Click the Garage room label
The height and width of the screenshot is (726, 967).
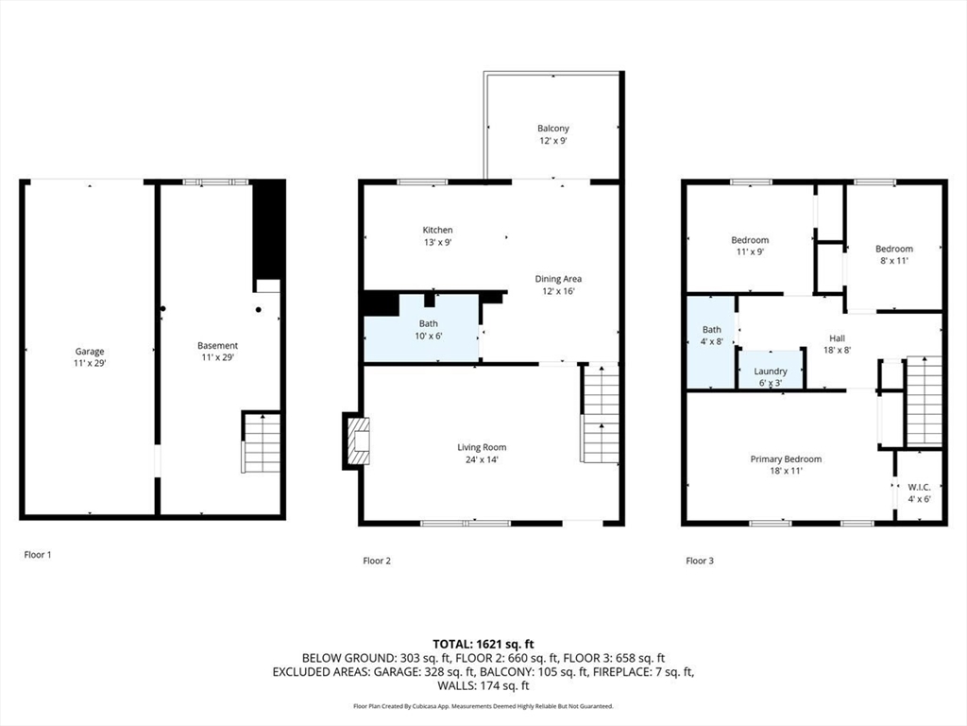click(90, 352)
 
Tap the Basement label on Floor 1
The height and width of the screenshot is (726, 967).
click(217, 346)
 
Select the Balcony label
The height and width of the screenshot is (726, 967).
click(553, 129)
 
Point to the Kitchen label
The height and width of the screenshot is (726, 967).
click(438, 231)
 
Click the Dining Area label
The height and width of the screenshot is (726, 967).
click(558, 279)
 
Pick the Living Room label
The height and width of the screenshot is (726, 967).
click(482, 447)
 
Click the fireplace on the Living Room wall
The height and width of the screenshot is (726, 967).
click(356, 441)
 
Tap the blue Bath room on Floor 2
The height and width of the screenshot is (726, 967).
click(422, 328)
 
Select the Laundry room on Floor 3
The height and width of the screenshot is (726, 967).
click(771, 370)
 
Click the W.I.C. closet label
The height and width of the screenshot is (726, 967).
click(919, 487)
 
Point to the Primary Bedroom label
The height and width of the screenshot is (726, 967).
click(786, 459)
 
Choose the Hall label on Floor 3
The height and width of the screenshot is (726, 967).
click(837, 338)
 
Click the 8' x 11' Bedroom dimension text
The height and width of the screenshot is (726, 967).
click(894, 261)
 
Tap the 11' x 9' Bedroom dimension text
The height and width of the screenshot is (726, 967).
click(750, 251)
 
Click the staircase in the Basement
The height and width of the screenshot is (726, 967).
click(262, 442)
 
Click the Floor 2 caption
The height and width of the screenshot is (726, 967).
click(377, 561)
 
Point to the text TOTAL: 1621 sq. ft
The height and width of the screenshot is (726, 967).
click(483, 645)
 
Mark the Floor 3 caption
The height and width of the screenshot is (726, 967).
click(700, 561)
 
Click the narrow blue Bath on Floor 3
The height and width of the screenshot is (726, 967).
click(711, 342)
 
